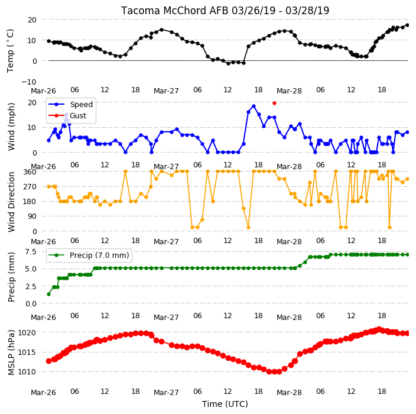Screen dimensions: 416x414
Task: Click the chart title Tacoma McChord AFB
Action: click(x=175, y=11)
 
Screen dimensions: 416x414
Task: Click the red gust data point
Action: click(x=274, y=103)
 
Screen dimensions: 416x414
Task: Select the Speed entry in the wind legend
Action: click(x=70, y=104)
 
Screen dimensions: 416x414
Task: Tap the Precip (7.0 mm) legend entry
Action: click(x=89, y=255)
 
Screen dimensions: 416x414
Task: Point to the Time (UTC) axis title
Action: click(x=225, y=404)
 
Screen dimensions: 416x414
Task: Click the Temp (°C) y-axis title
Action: click(x=11, y=51)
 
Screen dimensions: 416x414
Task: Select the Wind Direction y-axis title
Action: click(x=11, y=202)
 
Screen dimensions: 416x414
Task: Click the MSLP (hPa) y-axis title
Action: click(x=11, y=352)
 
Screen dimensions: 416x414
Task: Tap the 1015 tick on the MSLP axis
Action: click(x=27, y=352)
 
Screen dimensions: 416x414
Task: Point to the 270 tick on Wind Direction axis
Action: click(x=30, y=187)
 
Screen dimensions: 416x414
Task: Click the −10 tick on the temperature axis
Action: click(x=28, y=82)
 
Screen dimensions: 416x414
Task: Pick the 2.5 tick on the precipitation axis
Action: click(x=31, y=286)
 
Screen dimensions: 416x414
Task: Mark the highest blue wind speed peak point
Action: click(x=253, y=106)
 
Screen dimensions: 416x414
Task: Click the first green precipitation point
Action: click(x=48, y=294)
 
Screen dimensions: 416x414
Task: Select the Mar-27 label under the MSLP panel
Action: click(x=166, y=392)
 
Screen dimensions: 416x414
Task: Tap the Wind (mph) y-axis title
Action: click(x=11, y=127)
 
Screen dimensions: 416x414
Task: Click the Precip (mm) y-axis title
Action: click(x=11, y=277)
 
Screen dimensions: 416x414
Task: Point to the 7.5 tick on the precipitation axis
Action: click(x=31, y=251)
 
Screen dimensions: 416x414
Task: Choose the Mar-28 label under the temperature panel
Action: click(x=289, y=91)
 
